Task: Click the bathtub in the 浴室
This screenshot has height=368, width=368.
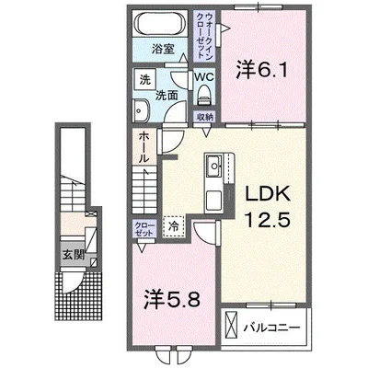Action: tap(159, 24)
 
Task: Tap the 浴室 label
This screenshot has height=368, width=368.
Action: tap(163, 49)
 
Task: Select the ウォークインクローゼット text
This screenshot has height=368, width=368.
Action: tap(204, 36)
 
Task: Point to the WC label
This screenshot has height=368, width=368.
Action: tap(204, 77)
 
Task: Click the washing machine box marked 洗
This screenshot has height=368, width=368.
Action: tap(145, 79)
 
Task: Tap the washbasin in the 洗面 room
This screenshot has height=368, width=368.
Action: tap(141, 110)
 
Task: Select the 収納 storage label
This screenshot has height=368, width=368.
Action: tap(205, 117)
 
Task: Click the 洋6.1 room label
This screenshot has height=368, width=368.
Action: tap(262, 71)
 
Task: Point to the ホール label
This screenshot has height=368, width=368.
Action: tap(144, 147)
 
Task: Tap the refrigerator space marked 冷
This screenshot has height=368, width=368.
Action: tap(174, 227)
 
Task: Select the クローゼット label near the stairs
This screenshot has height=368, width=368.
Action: tap(144, 229)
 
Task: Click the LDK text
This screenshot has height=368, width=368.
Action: tap(266, 194)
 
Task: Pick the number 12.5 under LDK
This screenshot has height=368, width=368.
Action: tap(266, 219)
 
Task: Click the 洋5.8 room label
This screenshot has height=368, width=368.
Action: tap(172, 299)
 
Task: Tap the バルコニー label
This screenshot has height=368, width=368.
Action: tap(271, 328)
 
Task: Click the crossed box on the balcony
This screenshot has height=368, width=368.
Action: tap(232, 325)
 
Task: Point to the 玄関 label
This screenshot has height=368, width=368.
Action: tap(74, 255)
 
